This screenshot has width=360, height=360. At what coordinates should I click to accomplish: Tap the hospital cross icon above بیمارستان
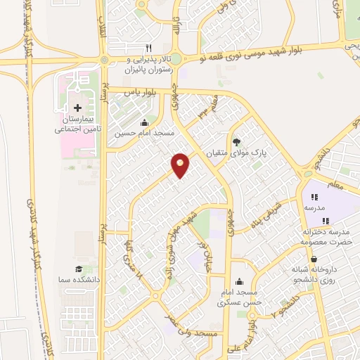click(77, 108)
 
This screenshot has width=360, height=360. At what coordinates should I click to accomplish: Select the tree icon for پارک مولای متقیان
click(236, 140)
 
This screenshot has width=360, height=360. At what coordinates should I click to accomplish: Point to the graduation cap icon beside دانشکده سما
click(79, 269)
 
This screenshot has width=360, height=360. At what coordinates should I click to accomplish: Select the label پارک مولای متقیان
click(236, 151)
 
